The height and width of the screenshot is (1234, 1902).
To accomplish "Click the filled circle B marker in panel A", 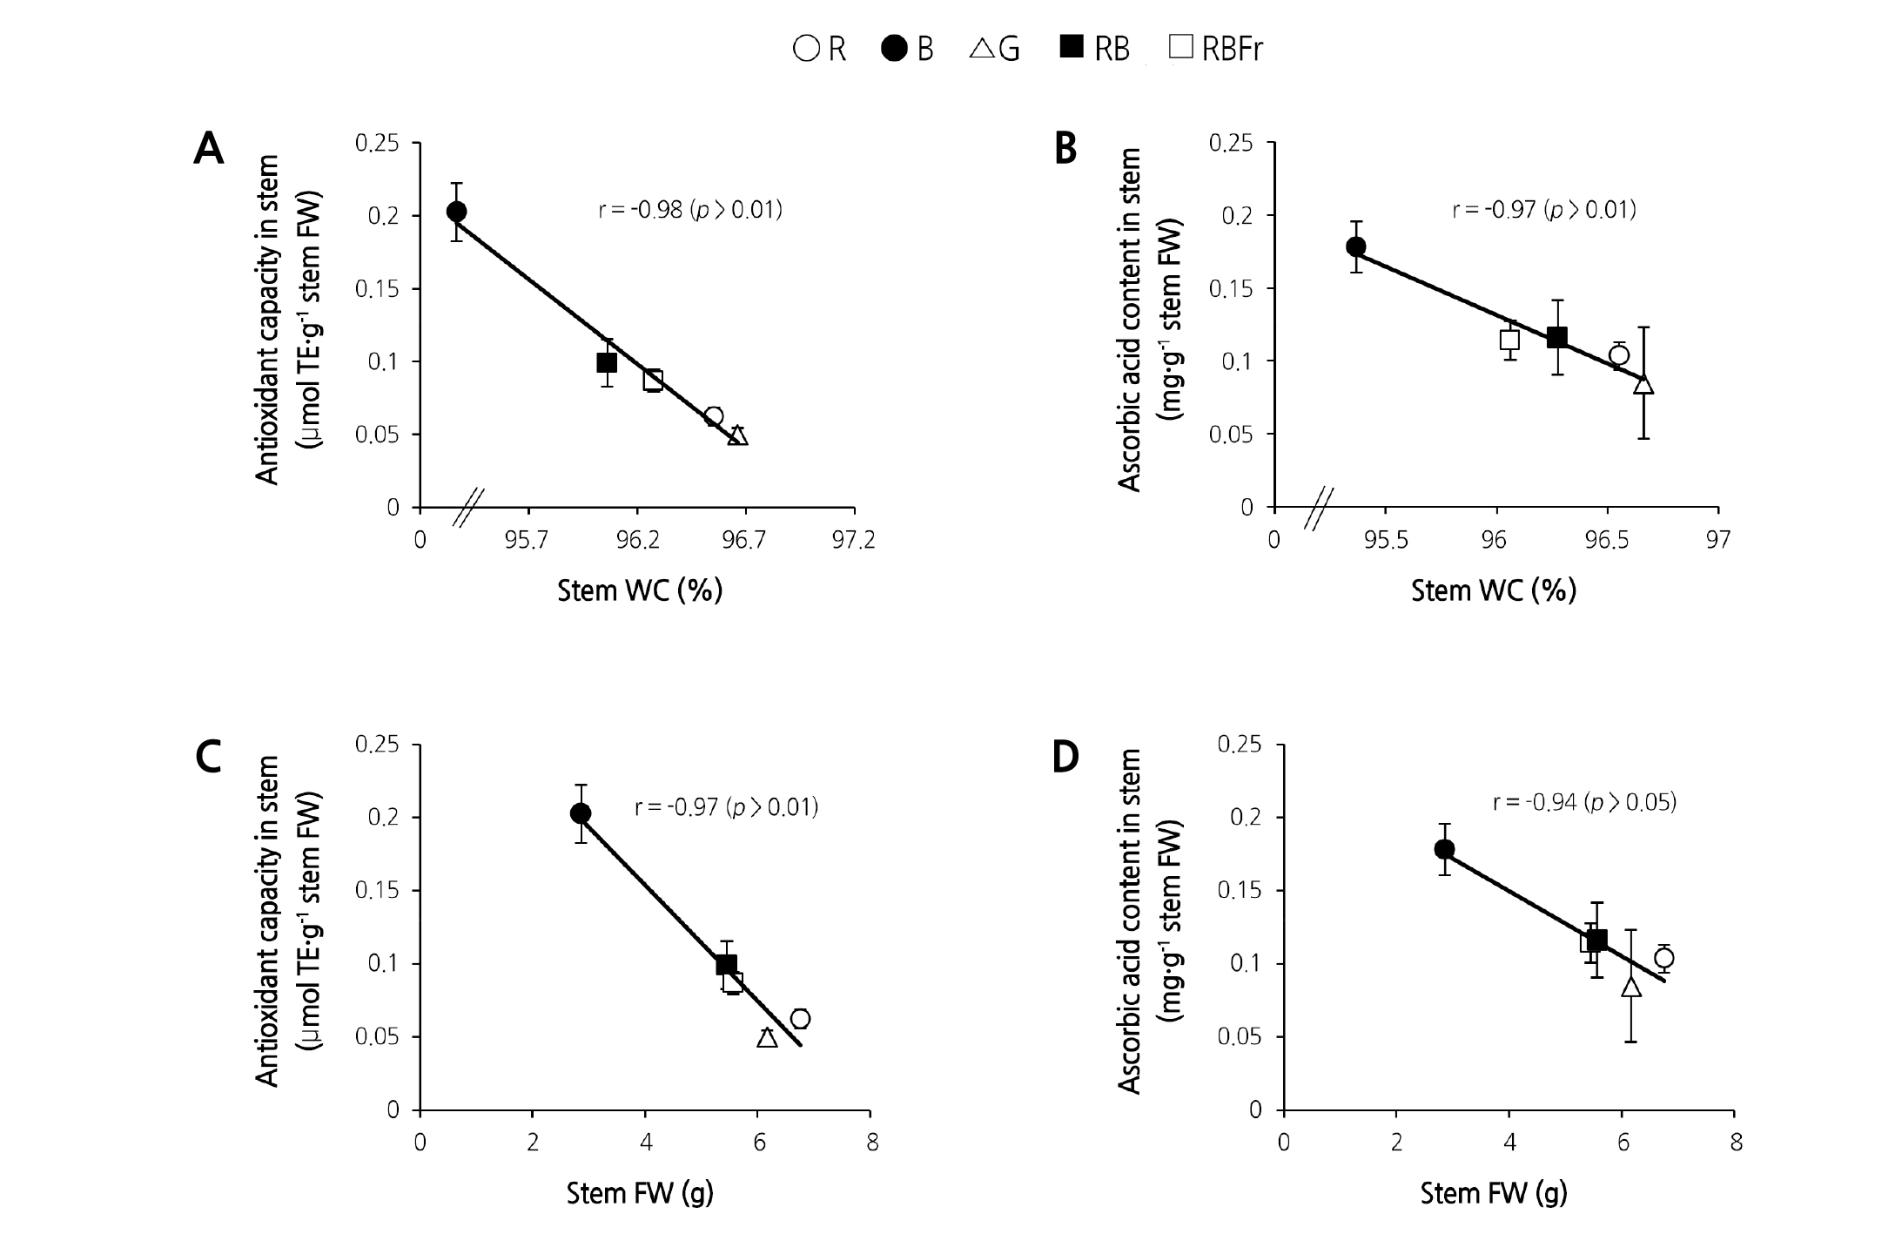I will (456, 212).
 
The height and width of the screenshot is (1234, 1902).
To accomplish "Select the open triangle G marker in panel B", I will (1643, 384).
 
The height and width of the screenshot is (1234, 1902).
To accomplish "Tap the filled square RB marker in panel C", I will (726, 964).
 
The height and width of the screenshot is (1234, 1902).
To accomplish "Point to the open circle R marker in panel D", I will (1663, 958).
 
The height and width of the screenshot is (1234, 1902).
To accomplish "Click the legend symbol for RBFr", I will (1181, 47).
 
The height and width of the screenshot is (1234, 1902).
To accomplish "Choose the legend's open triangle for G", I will (981, 48).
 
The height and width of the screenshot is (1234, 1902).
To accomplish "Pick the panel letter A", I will (209, 150).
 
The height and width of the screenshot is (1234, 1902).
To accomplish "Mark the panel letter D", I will (1065, 757).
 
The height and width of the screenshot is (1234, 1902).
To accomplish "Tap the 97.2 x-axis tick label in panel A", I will (853, 541).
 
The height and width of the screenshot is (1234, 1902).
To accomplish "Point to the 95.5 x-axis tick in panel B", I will (1385, 541).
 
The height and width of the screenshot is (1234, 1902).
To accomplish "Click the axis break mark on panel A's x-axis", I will (468, 507).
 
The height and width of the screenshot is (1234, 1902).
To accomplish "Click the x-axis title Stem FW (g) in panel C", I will (640, 1193).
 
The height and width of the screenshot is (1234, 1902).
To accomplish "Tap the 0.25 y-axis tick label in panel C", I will (377, 745).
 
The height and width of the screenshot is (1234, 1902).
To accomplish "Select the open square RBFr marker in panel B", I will (1509, 340).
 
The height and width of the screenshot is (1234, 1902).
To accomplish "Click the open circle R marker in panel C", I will (800, 1019).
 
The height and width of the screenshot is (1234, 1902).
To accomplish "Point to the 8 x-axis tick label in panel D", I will (1736, 1143).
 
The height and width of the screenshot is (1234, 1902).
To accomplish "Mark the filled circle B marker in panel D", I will (1444, 849).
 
